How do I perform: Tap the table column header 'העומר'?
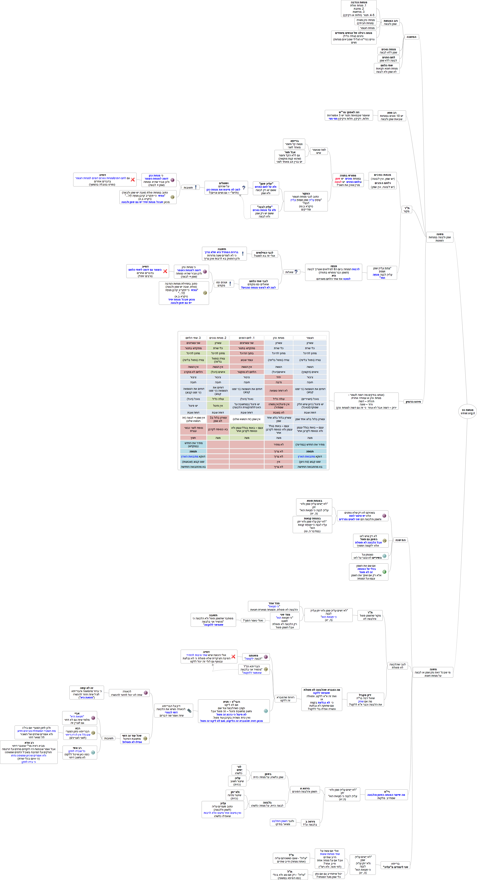pos(310,338)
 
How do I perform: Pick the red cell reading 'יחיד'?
pos(279,377)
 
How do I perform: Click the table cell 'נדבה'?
pos(279,382)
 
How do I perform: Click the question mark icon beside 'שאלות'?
pos(296,272)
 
